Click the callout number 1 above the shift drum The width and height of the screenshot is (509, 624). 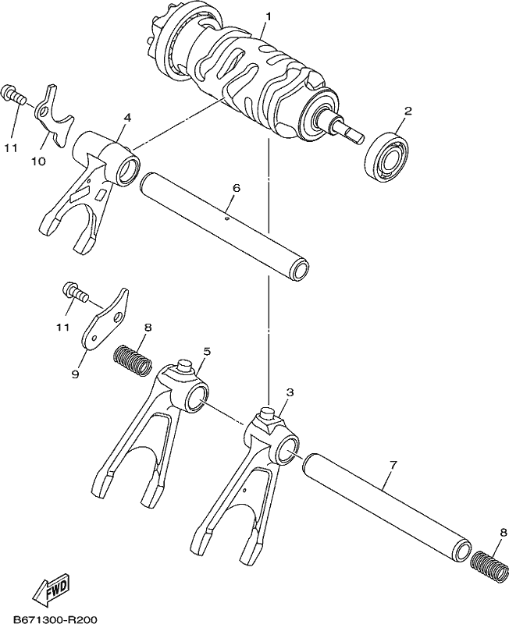click(x=269, y=16)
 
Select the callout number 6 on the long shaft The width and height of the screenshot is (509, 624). click(x=237, y=188)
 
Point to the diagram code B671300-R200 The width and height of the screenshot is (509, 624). click(x=55, y=619)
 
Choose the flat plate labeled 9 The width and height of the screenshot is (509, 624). click(x=106, y=320)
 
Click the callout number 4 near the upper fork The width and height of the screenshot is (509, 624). click(x=127, y=118)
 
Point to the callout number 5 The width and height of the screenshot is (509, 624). click(x=207, y=352)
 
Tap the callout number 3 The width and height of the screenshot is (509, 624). click(x=290, y=392)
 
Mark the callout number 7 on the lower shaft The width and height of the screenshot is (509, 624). click(x=393, y=464)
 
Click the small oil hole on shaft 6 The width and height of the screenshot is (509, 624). click(x=226, y=218)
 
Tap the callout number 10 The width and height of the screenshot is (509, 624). click(x=39, y=161)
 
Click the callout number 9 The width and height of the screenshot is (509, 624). click(x=75, y=374)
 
